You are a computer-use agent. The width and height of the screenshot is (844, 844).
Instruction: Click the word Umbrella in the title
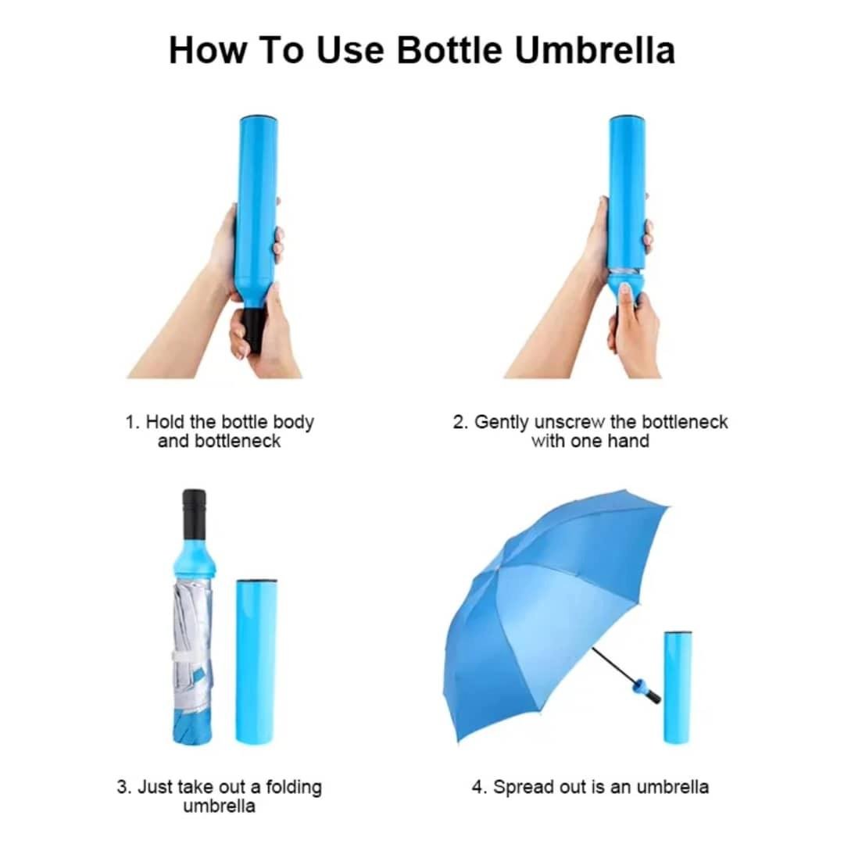pos(594,51)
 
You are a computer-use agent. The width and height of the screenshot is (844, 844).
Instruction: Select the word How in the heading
pos(208,51)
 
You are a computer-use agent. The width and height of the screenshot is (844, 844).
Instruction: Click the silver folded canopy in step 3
pos(193,646)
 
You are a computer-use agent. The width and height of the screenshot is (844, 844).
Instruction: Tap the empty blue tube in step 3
pos(256,662)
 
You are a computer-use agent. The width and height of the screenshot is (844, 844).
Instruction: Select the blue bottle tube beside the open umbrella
pos(678,687)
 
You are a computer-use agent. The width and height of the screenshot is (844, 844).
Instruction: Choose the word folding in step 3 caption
pos(294,788)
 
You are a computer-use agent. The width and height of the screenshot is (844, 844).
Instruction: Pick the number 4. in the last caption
pos(479,787)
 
